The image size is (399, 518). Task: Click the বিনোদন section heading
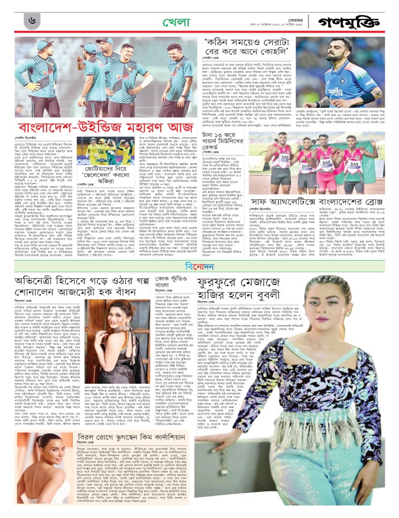pos(199,265)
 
